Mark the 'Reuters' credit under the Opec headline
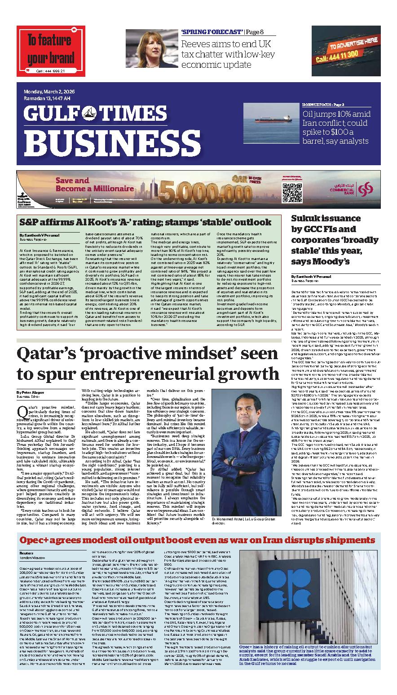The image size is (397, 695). click(27, 554)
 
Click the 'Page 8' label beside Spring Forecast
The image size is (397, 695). click(255, 32)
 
